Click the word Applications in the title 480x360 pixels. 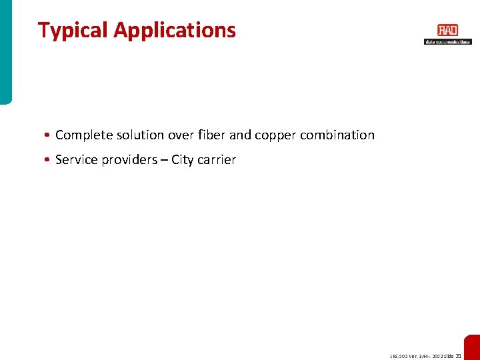click(x=175, y=31)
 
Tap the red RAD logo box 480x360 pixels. click(x=447, y=31)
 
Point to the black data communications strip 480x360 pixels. click(x=447, y=41)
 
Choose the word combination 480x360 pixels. click(x=337, y=135)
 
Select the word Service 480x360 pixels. click(x=76, y=160)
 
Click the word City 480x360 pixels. click(x=182, y=160)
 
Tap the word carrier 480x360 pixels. click(x=216, y=160)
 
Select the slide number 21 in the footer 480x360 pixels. click(x=458, y=357)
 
